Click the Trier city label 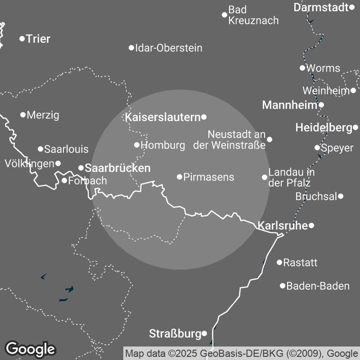38,39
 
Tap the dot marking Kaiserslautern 204,117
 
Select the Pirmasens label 209,177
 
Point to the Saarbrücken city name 117,168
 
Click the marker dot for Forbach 64,181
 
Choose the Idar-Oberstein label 169,48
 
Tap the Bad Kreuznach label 253,15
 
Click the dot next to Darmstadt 352,7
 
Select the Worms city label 323,68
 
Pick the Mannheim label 290,105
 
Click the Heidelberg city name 324,128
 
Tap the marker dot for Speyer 317,148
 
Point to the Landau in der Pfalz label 291,177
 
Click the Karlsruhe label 282,225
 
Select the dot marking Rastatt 279,262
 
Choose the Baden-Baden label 318,286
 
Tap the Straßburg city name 175,334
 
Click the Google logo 30,348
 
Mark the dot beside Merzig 23,115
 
